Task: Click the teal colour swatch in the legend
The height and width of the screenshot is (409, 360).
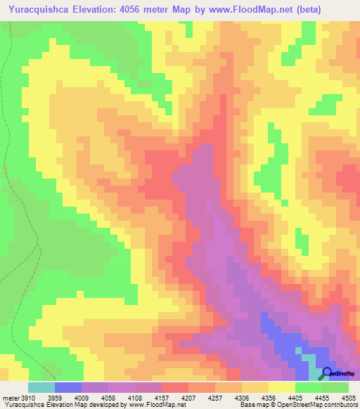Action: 41,387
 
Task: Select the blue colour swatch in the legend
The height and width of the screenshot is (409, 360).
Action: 68,387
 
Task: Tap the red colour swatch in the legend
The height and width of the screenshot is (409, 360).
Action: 175,387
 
